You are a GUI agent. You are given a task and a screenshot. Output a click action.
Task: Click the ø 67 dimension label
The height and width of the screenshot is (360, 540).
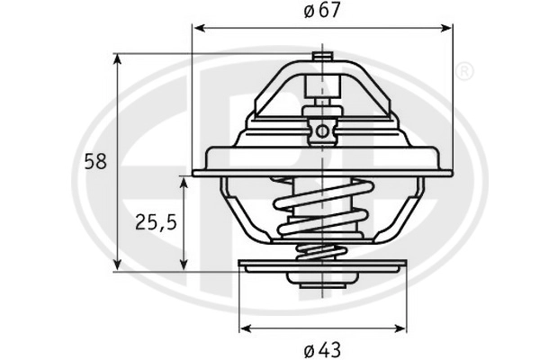(322, 11)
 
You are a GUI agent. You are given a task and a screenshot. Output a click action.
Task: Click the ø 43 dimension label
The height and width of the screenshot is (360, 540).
(322, 350)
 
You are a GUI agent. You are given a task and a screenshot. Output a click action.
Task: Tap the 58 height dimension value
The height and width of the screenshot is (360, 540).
(95, 162)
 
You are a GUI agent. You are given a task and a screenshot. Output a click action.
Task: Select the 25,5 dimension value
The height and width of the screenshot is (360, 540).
(156, 222)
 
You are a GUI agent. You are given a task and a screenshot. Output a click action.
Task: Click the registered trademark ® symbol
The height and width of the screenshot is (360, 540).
(464, 71)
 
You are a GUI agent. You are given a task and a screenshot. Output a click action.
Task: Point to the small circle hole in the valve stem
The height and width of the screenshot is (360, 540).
(322, 130)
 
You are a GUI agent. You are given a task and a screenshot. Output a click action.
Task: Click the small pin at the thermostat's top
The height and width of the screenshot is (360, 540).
(322, 56)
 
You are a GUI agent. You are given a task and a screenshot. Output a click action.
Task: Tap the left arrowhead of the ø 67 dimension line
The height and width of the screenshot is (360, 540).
(200, 28)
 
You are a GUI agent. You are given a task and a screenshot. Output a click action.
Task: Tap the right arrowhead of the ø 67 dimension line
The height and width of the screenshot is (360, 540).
(445, 28)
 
